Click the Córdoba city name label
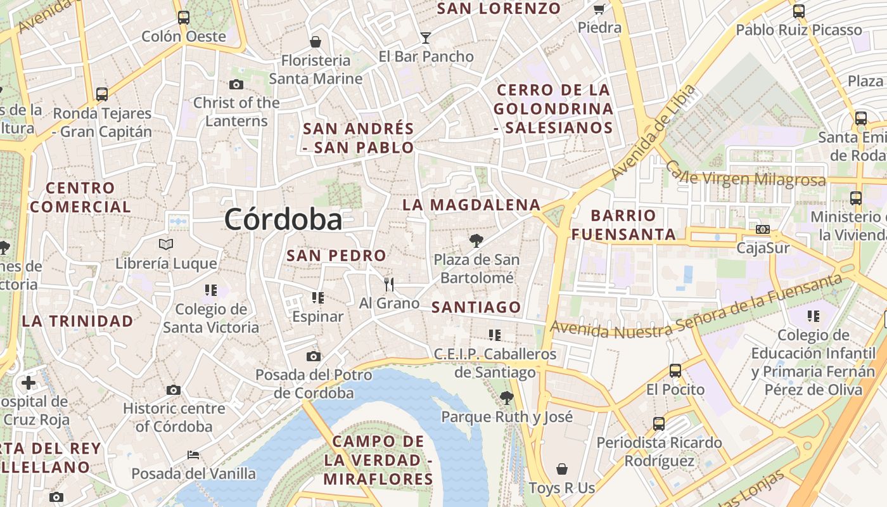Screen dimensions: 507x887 283,219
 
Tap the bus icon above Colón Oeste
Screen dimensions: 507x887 184,18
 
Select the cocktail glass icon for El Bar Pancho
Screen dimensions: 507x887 426,38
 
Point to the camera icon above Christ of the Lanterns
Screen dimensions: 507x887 236,84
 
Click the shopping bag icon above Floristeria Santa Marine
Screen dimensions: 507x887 316,42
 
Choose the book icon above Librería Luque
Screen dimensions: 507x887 166,244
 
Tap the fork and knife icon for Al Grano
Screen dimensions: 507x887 389,284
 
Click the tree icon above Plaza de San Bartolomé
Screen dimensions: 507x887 476,240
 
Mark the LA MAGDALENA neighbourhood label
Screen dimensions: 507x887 471,205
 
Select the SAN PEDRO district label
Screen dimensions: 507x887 336,255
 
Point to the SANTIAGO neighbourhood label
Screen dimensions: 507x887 476,307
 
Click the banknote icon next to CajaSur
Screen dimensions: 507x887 763,229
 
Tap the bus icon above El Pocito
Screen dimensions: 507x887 675,371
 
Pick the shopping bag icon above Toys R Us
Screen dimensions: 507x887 562,469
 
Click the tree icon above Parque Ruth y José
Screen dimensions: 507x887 506,398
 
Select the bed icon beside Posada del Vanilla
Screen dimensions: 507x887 193,455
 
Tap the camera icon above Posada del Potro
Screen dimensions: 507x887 314,356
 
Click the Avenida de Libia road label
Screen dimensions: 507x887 655,132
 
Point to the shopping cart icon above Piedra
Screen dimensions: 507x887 599,9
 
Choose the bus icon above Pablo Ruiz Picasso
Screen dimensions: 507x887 799,11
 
